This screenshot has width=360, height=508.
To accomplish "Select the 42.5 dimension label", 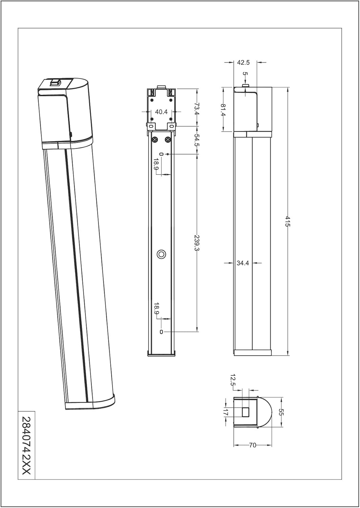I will pos(243,62).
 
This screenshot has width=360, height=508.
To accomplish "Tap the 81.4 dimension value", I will pos(223,110).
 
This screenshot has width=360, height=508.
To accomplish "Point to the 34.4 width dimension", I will pos(243,263).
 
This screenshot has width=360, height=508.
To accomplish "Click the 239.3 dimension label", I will pos(197,243).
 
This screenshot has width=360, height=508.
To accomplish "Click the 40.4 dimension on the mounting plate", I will pos(161,112).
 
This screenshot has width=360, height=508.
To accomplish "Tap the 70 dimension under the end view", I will pos(253,445).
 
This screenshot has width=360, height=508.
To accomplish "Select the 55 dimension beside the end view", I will pos(281,412).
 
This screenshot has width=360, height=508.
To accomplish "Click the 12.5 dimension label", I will pos(233,380).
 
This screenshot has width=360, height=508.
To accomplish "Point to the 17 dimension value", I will pos(226,412).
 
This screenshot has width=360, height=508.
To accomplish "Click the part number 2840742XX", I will pos(26,445).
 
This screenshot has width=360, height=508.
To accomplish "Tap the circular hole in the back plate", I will pos(162,254).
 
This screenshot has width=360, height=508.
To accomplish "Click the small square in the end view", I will pos(246,412).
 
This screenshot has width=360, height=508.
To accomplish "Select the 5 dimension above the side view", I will pos(246,74).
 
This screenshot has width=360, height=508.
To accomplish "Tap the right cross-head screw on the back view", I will pos(167,140).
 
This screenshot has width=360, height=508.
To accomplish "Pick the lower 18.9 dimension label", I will pos(156,309).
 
